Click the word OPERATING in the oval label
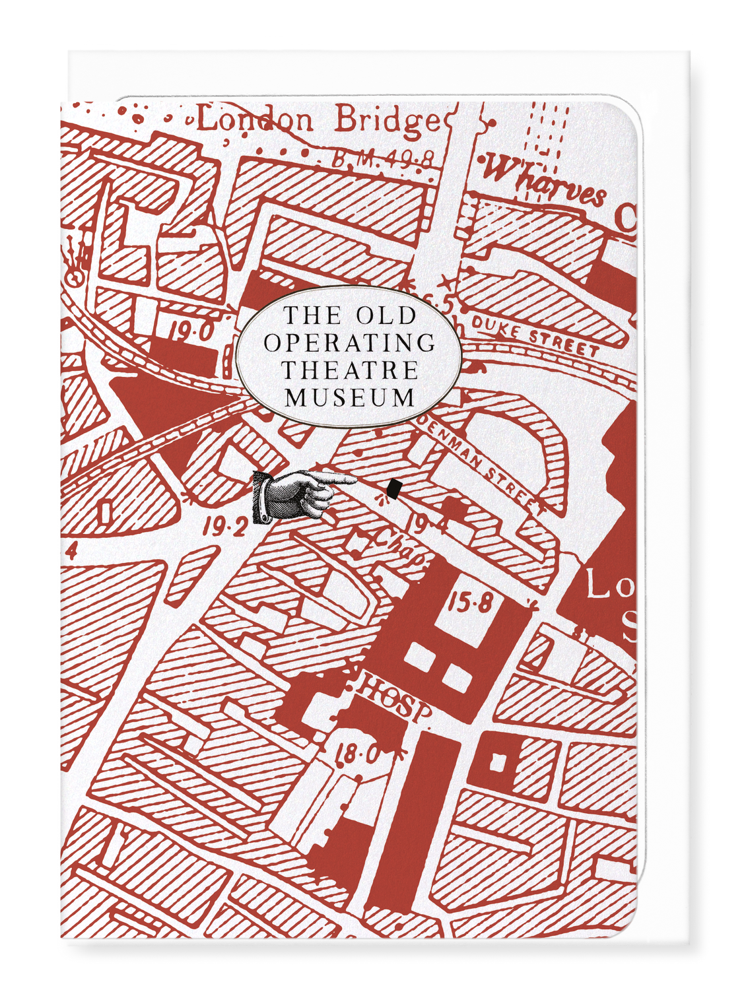[349, 343]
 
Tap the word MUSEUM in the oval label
[350, 397]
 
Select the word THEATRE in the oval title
[350, 370]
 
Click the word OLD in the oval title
[386, 315]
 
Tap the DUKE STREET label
[534, 336]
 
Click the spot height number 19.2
[225, 527]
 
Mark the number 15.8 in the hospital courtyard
[470, 602]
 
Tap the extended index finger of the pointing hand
[340, 480]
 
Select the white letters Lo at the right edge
[604, 585]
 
